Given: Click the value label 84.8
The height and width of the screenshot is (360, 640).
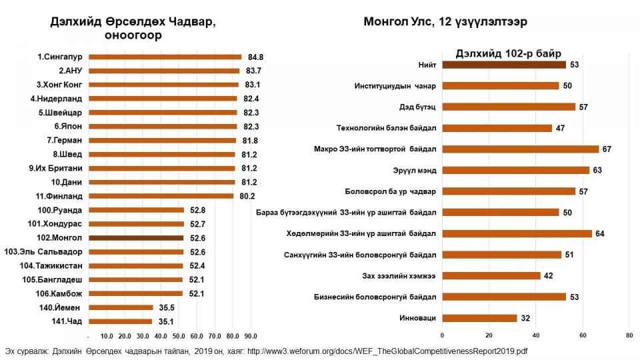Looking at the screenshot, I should (255, 57).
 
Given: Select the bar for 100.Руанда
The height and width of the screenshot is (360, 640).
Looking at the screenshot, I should (136, 210).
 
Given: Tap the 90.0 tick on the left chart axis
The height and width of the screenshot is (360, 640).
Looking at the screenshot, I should (250, 335).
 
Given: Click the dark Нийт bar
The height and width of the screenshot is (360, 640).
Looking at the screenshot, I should (504, 65).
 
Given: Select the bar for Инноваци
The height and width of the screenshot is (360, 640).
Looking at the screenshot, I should (479, 318).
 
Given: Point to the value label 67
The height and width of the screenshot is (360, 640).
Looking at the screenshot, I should (607, 149).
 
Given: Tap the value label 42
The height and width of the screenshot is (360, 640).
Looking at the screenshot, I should (548, 275).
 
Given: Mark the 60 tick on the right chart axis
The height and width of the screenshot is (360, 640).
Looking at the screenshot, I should (583, 335).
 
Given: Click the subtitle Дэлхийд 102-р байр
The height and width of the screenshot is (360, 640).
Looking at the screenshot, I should (508, 53).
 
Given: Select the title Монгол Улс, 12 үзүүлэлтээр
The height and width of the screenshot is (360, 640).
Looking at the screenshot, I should (445, 21).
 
